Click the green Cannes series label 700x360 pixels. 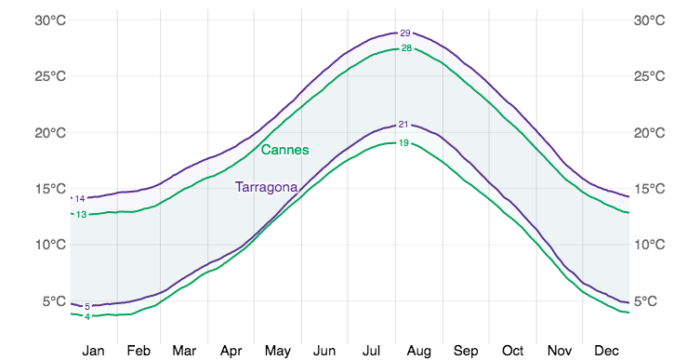tap(284, 150)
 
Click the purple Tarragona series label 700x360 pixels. tap(266, 187)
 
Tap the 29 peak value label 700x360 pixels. tap(404, 33)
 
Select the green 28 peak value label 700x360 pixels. tap(405, 48)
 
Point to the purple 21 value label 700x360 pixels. tap(403, 125)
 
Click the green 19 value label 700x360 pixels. tap(403, 142)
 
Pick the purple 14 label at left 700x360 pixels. tap(80, 198)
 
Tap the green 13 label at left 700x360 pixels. tap(81, 215)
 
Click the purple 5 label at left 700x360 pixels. tap(86, 306)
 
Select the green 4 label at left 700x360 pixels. tap(86, 317)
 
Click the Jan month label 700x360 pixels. tap(93, 351)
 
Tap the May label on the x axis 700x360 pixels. tap(278, 351)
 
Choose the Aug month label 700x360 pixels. tap(418, 351)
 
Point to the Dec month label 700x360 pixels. tap(606, 351)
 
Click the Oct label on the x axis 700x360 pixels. tap(512, 351)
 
